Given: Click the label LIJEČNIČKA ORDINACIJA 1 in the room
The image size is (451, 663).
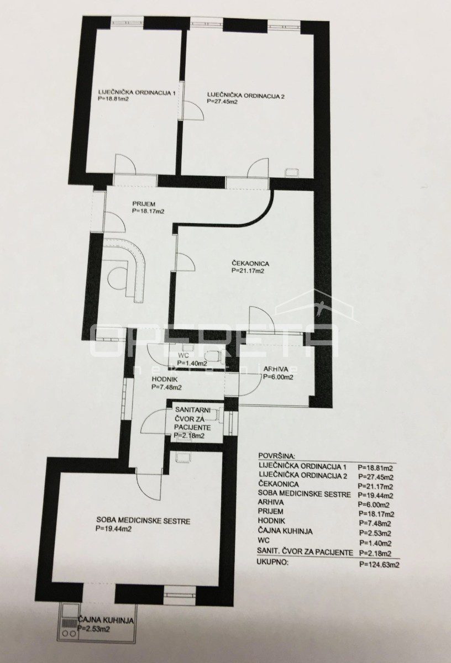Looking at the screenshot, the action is point(137,93).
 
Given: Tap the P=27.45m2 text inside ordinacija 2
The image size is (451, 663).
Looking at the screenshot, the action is point(223,101).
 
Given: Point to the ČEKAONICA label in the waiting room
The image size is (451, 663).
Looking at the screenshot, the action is point(250,263).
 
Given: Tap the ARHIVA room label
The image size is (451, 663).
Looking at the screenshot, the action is point(275,369).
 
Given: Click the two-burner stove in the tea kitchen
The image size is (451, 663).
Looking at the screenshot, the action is point(69,630).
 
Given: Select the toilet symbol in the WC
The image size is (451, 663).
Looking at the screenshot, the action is point(213,355).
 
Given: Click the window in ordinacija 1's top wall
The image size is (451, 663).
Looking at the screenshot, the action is point(127,23).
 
